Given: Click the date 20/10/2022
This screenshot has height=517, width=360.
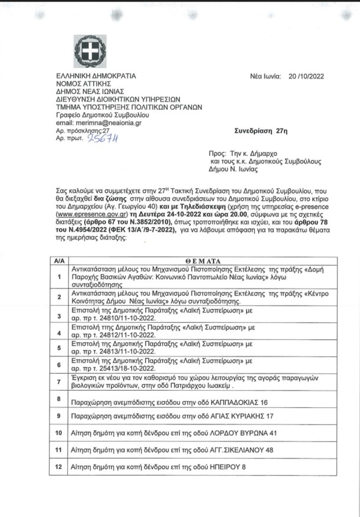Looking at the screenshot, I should coord(306,76).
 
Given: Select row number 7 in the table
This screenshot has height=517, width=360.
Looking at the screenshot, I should coord(59,382).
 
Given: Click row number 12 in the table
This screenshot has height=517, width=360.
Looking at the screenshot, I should coord(59,467).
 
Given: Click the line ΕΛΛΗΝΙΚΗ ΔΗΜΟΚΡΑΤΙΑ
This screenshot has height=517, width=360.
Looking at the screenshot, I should coord(96,76).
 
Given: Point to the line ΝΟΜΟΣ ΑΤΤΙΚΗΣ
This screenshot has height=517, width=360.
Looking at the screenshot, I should coord(84,84).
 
